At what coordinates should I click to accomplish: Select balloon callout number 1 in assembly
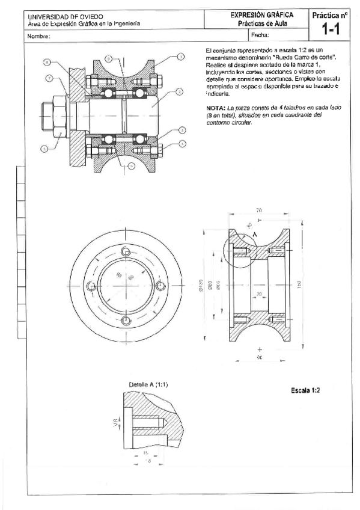point(180,57)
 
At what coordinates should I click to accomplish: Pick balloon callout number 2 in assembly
point(180,92)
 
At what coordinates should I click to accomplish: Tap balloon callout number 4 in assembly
point(182,144)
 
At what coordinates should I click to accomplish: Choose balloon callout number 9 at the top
point(108,58)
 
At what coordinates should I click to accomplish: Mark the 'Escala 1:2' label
point(305,390)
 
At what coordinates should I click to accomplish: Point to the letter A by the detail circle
point(255,234)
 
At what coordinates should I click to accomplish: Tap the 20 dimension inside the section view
point(259,293)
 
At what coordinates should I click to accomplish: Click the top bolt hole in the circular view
point(125,251)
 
